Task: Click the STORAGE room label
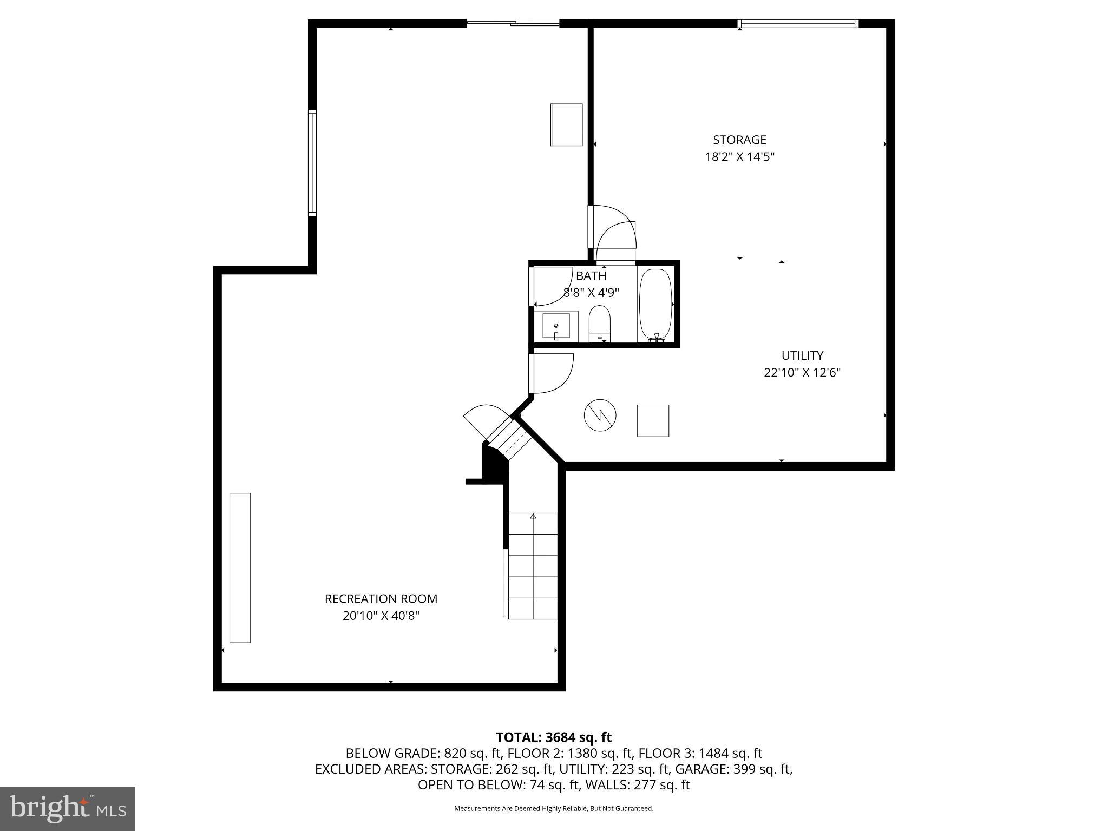pos(739,140)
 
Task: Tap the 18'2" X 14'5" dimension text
pos(739,157)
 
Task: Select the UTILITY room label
pos(802,355)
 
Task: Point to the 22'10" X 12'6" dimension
pos(802,373)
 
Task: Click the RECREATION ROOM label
pos(381,599)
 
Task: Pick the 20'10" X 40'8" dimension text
pos(381,616)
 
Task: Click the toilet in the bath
pos(599,323)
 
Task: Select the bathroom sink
pos(556,327)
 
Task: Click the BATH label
pos(591,276)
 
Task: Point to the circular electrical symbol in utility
pos(600,415)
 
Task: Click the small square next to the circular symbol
pos(653,420)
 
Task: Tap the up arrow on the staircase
pos(533,517)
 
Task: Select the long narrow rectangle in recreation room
pos(240,568)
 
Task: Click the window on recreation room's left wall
pos(312,163)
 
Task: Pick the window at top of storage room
pos(798,23)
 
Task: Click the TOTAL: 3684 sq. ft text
pos(554,737)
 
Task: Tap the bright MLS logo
pos(68,809)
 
